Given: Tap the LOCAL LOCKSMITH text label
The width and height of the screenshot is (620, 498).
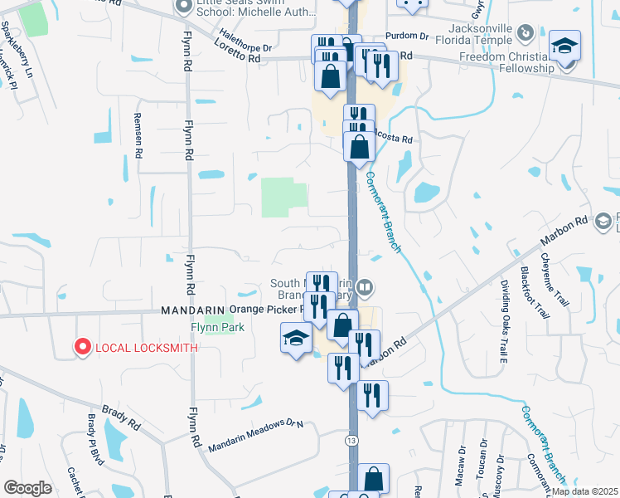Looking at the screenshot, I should coord(147,348).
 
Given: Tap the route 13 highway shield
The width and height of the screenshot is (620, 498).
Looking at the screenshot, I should coord(352,440).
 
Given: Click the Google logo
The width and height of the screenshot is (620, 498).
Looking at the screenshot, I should coord(27,488).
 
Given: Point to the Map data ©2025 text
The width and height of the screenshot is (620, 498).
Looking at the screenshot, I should coord(585,491).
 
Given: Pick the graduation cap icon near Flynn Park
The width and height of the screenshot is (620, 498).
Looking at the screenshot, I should coord(296,339).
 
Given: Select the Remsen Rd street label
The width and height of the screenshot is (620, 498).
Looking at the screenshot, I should coord(138,136).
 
